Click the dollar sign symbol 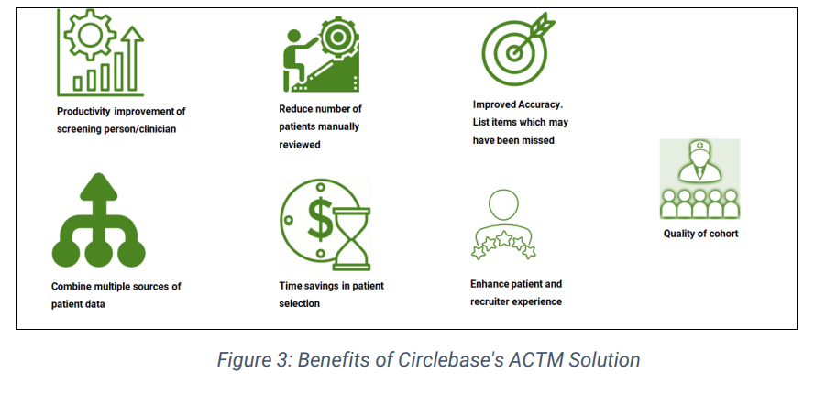tap(320, 218)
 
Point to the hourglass tap(352, 238)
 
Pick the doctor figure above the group tap(700, 160)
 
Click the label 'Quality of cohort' tap(700, 234)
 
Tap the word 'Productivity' tap(83, 112)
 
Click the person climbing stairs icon tap(321, 54)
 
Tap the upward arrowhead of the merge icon tap(99, 186)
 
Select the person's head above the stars tap(503, 205)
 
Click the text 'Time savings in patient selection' tap(332, 295)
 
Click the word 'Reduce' tap(294, 109)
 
